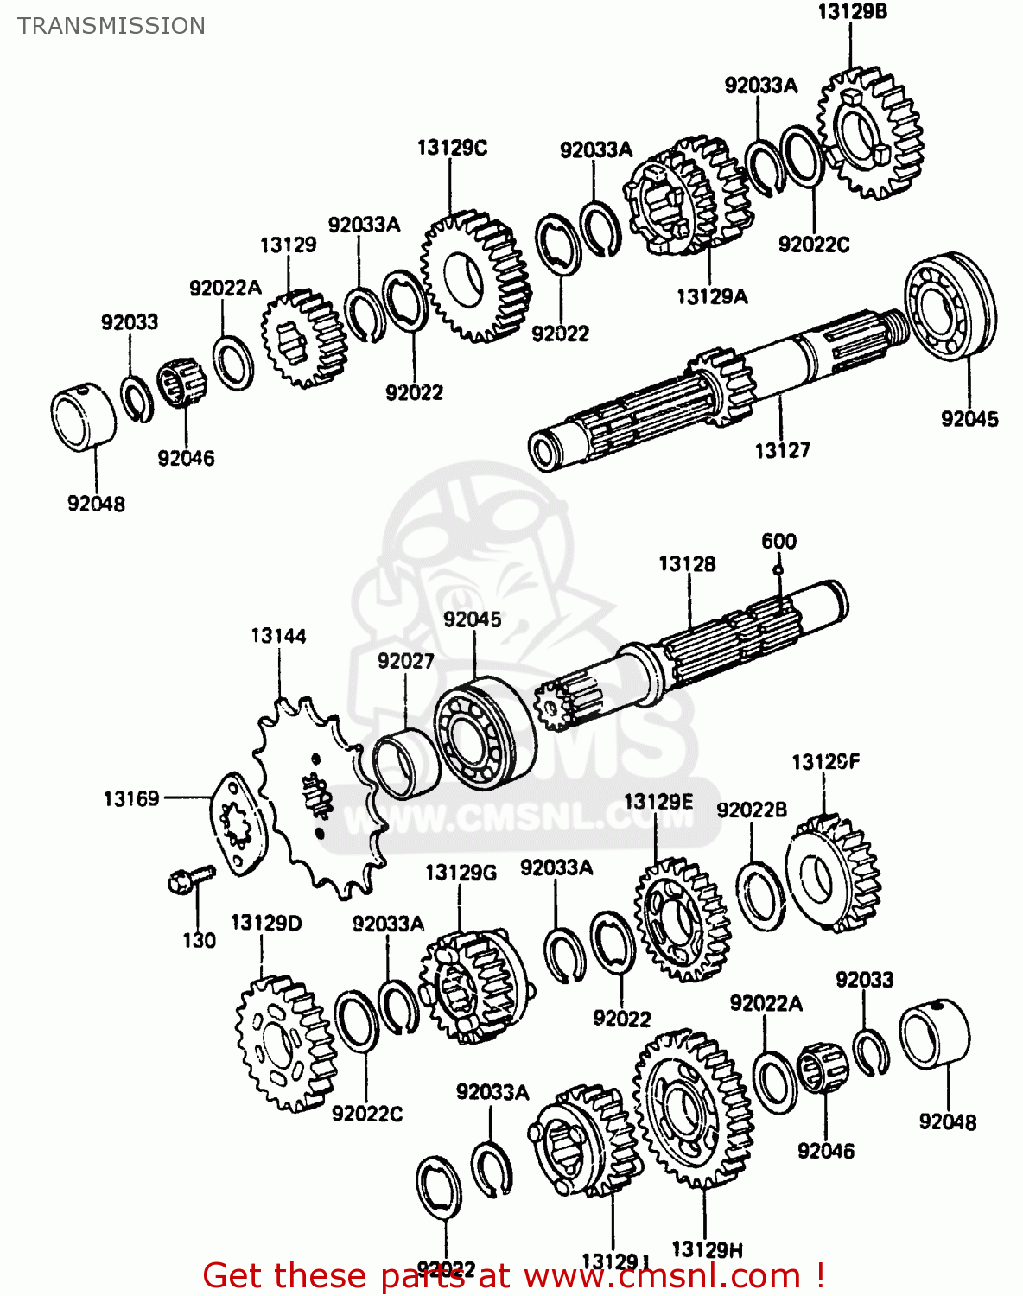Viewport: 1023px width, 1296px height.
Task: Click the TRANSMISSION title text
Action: (x=111, y=26)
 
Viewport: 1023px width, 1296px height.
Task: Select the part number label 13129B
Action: (x=852, y=12)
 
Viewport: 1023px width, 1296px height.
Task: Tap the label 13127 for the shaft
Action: (x=782, y=450)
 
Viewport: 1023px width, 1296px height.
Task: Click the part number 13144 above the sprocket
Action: (x=278, y=637)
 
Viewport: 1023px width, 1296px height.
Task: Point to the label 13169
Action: (x=131, y=799)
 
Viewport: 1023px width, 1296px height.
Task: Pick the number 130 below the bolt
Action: (x=199, y=940)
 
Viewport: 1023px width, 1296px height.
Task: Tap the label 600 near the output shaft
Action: (x=778, y=542)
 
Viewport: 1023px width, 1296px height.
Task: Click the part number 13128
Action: (x=687, y=564)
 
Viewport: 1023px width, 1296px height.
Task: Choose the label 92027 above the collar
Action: (x=405, y=661)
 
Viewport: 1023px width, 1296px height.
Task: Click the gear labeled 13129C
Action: (x=475, y=275)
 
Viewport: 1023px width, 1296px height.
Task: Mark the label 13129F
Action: (x=826, y=762)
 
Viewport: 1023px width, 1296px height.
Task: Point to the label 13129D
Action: (x=266, y=923)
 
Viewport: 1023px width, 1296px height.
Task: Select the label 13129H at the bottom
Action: (x=707, y=1249)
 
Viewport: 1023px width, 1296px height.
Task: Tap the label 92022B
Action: (x=752, y=810)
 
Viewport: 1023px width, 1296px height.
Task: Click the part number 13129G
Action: (x=461, y=873)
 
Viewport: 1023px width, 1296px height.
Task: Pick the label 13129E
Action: (x=658, y=802)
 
